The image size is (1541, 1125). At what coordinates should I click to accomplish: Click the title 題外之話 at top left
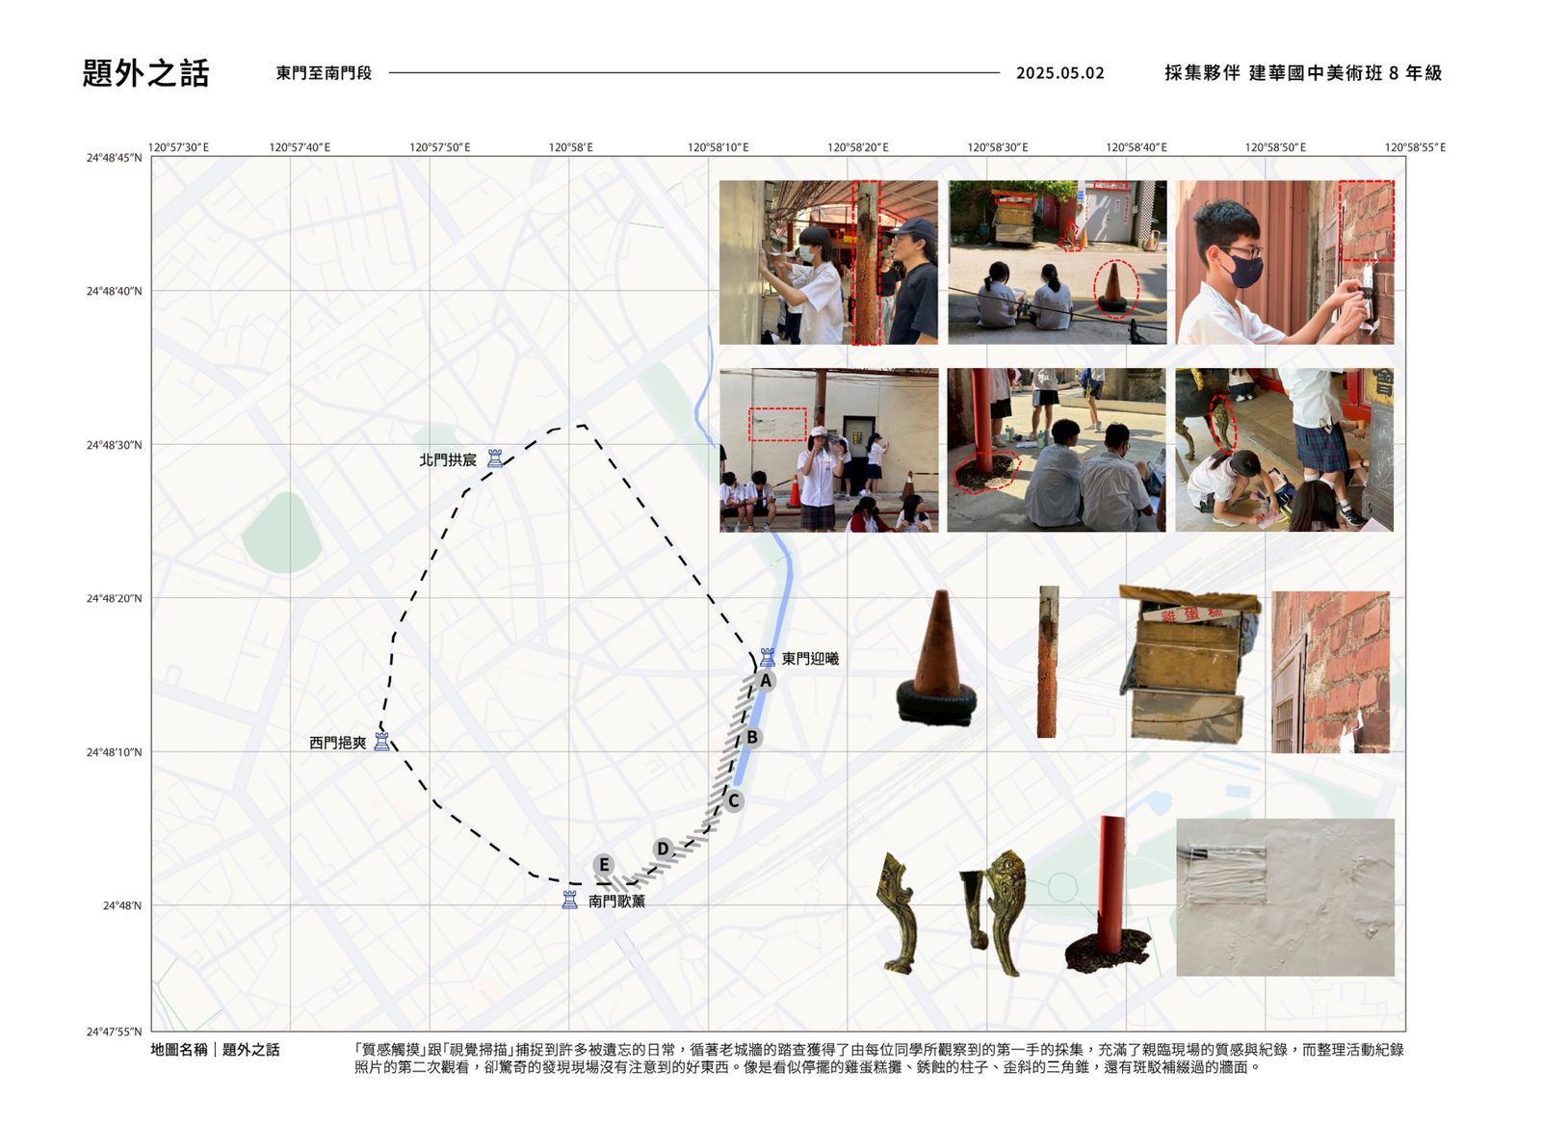click(145, 73)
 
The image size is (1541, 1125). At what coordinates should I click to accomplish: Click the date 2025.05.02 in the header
click(1060, 73)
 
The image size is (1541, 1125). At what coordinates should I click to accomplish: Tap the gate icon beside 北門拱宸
click(495, 458)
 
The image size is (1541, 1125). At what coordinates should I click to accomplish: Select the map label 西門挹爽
click(338, 744)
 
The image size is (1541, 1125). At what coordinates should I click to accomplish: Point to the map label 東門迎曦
click(810, 659)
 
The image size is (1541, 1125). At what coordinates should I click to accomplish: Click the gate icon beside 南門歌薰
click(569, 900)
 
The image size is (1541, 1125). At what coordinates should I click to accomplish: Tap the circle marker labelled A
click(765, 681)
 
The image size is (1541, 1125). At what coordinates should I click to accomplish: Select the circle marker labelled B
click(752, 738)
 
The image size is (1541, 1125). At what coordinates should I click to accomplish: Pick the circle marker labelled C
click(733, 801)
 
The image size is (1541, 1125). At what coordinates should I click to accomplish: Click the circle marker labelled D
click(663, 850)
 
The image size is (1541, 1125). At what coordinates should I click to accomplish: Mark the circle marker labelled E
click(604, 865)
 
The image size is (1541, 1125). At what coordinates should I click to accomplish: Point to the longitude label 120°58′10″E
click(718, 147)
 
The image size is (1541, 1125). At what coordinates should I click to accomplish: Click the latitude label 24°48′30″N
click(115, 445)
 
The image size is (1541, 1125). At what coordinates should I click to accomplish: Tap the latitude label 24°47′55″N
click(115, 1032)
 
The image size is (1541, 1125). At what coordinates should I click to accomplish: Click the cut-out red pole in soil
click(1109, 895)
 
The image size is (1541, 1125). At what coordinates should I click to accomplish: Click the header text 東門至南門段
click(324, 73)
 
